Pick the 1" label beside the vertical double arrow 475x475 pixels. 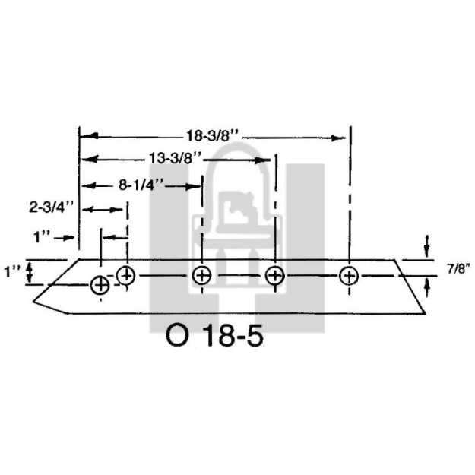pyautogui.click(x=11, y=271)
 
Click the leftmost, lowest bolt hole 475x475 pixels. pyautogui.click(x=100, y=286)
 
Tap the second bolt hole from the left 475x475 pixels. pyautogui.click(x=126, y=275)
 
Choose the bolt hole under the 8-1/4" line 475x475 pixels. pyautogui.click(x=201, y=275)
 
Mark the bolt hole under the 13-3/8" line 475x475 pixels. pyautogui.click(x=274, y=275)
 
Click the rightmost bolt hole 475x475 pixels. pyautogui.click(x=349, y=275)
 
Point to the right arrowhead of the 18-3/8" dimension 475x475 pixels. pyautogui.click(x=341, y=137)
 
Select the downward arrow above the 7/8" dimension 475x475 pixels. pyautogui.click(x=427, y=247)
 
